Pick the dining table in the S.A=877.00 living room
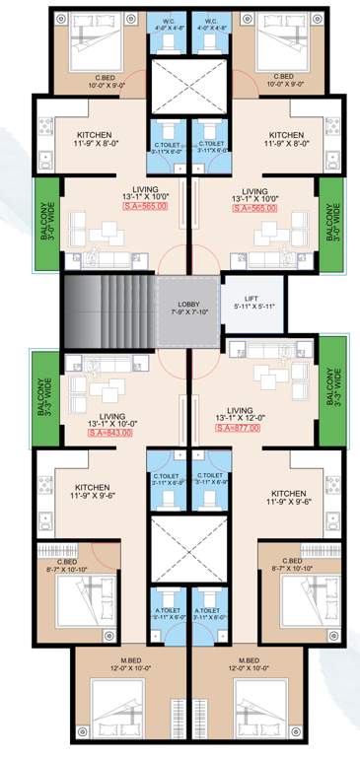266,379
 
